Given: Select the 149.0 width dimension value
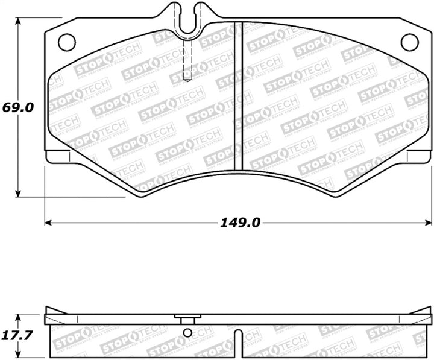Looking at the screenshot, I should [240, 223].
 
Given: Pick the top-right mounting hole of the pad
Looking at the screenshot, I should [409, 42].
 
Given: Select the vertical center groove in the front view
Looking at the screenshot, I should [238, 96].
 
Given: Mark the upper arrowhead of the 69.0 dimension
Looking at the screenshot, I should [19, 22].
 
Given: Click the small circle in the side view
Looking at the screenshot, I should [188, 334].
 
